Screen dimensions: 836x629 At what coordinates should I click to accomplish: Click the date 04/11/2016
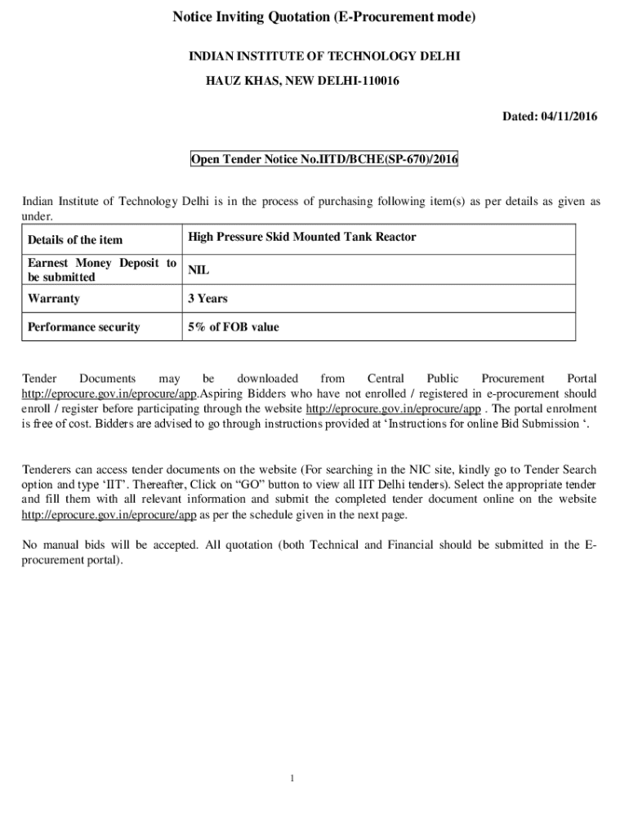pos(569,117)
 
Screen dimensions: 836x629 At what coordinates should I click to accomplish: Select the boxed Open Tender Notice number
pos(324,160)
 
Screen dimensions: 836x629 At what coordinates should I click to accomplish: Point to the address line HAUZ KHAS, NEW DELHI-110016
pos(301,82)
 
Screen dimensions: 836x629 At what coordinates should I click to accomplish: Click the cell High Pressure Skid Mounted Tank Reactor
pos(302,237)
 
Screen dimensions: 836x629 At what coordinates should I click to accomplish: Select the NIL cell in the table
pos(199,269)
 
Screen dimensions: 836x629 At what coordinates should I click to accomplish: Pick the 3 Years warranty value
pos(207,299)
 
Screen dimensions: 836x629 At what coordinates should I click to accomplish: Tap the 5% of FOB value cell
pos(233,327)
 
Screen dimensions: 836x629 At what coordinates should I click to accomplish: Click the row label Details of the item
pos(75,240)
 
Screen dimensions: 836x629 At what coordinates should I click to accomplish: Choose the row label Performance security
pos(83,327)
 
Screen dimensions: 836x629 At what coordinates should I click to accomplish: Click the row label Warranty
pos(54,299)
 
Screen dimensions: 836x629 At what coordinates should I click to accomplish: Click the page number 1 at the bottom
pos(291,778)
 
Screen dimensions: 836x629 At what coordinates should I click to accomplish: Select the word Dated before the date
pos(519,117)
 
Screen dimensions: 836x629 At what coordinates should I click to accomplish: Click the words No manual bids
pos(60,545)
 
